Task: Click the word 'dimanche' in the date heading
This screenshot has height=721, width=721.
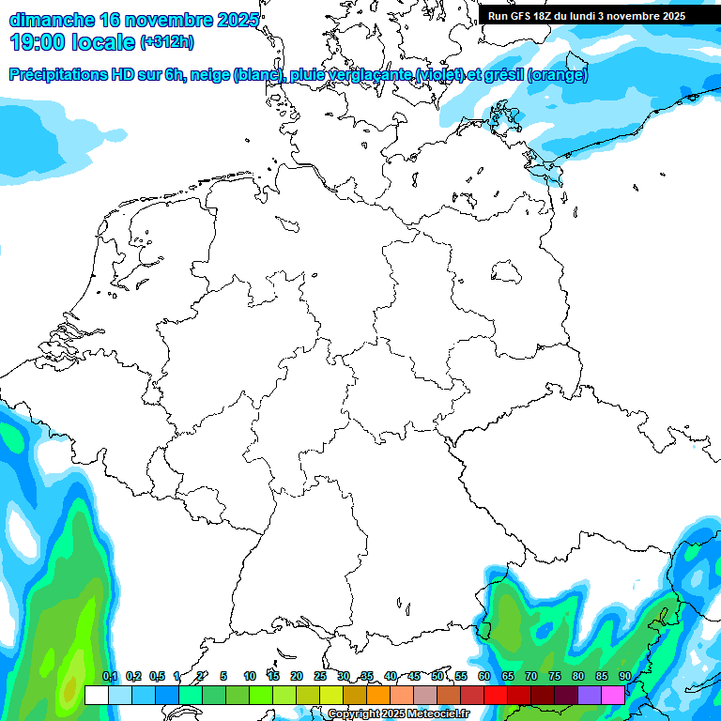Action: point(51,20)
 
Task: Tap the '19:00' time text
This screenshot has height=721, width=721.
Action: point(37,41)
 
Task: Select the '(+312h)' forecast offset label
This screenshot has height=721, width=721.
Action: point(166,42)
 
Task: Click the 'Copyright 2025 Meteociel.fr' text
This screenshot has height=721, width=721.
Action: point(398,714)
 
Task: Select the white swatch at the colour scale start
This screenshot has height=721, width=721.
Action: point(97,696)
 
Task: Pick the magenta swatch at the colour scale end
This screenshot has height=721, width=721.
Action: point(613,696)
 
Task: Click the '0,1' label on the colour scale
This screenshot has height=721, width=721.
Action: point(110,676)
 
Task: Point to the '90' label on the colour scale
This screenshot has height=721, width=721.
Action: point(624,676)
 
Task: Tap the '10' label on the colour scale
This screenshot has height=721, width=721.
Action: point(250,676)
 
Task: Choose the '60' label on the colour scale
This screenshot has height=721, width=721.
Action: point(484,676)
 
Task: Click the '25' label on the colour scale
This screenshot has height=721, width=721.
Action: point(320,676)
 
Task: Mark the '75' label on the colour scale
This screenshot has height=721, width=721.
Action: point(555,676)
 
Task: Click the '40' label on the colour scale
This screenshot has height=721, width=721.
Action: point(391,676)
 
